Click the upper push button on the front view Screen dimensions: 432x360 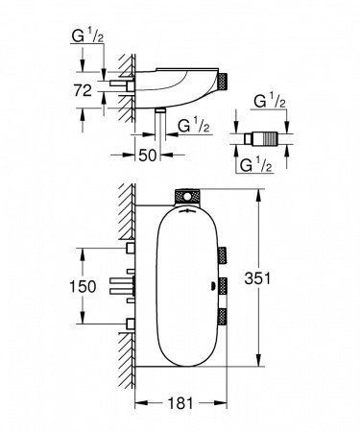(224, 252)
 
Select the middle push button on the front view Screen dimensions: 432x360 (224, 286)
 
